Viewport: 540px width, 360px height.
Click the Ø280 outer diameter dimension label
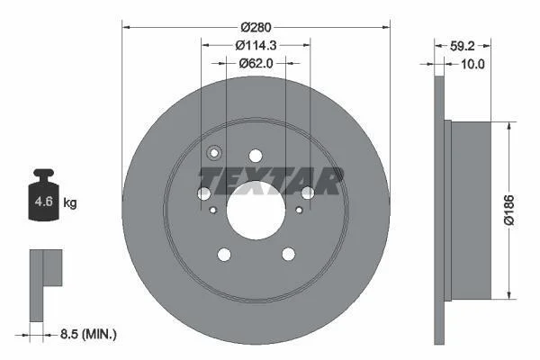point(256,27)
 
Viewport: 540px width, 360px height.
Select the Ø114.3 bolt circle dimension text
point(256,45)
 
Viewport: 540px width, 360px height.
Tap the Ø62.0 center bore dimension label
point(256,63)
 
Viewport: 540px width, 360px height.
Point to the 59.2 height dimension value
point(463,46)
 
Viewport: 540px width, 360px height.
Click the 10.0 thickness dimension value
point(472,64)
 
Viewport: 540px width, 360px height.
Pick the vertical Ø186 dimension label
point(509,210)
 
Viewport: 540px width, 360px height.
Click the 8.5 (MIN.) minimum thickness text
point(88,334)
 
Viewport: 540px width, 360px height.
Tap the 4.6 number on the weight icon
point(44,202)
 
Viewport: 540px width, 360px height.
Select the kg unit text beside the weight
point(70,202)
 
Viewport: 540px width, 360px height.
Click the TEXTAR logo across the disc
point(271,181)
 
